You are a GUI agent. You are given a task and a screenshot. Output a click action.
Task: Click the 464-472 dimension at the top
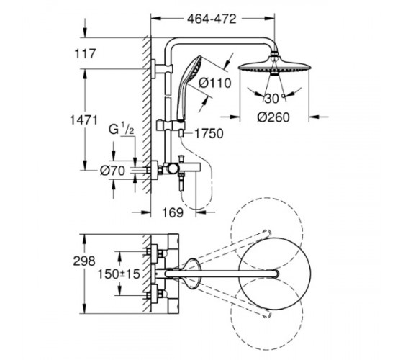pyautogui.click(x=212, y=19)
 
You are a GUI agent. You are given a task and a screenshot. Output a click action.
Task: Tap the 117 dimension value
pyautogui.click(x=85, y=54)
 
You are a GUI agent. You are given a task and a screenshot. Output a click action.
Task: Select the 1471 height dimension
pyautogui.click(x=84, y=120)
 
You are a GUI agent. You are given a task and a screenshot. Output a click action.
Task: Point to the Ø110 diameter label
pyautogui.click(x=215, y=83)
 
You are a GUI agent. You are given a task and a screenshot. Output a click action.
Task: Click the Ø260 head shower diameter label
pyautogui.click(x=273, y=117)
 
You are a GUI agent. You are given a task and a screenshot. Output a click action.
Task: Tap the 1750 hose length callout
pyautogui.click(x=209, y=133)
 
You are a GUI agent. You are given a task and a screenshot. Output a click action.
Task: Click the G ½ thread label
pyautogui.click(x=121, y=129)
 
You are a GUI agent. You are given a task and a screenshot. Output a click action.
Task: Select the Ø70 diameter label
pyautogui.click(x=112, y=171)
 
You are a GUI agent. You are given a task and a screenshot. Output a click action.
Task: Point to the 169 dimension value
pyautogui.click(x=173, y=212)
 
